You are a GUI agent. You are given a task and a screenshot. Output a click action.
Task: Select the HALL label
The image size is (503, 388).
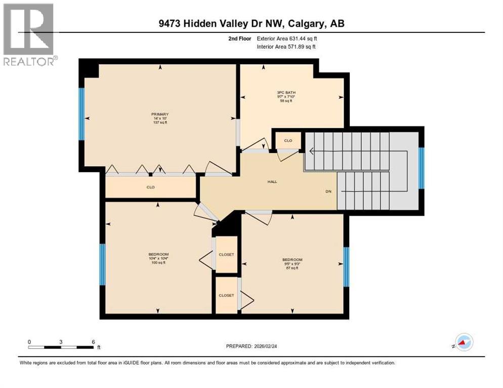[273, 182]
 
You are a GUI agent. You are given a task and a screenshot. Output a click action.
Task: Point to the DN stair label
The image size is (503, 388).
[328, 191]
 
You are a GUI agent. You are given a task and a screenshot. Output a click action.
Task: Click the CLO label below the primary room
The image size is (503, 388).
[150, 187]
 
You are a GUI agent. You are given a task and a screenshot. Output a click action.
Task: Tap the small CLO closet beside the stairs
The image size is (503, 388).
[288, 140]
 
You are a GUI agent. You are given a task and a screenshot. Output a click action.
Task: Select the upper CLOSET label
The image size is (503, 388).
[226, 255]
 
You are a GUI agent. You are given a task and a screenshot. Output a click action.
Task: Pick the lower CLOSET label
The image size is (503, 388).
[226, 295]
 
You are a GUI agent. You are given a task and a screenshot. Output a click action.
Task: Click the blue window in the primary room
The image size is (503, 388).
[81, 114]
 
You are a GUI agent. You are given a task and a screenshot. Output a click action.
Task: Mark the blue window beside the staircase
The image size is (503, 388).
[421, 168]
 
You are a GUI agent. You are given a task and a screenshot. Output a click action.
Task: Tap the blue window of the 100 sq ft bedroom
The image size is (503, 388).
[102, 264]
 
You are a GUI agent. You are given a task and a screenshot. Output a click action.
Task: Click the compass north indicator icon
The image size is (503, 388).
[464, 343]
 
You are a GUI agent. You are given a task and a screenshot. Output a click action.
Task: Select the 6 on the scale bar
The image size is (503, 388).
[93, 342]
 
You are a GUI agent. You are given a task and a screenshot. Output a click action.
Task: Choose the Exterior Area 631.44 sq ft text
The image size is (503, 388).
[287, 38]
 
